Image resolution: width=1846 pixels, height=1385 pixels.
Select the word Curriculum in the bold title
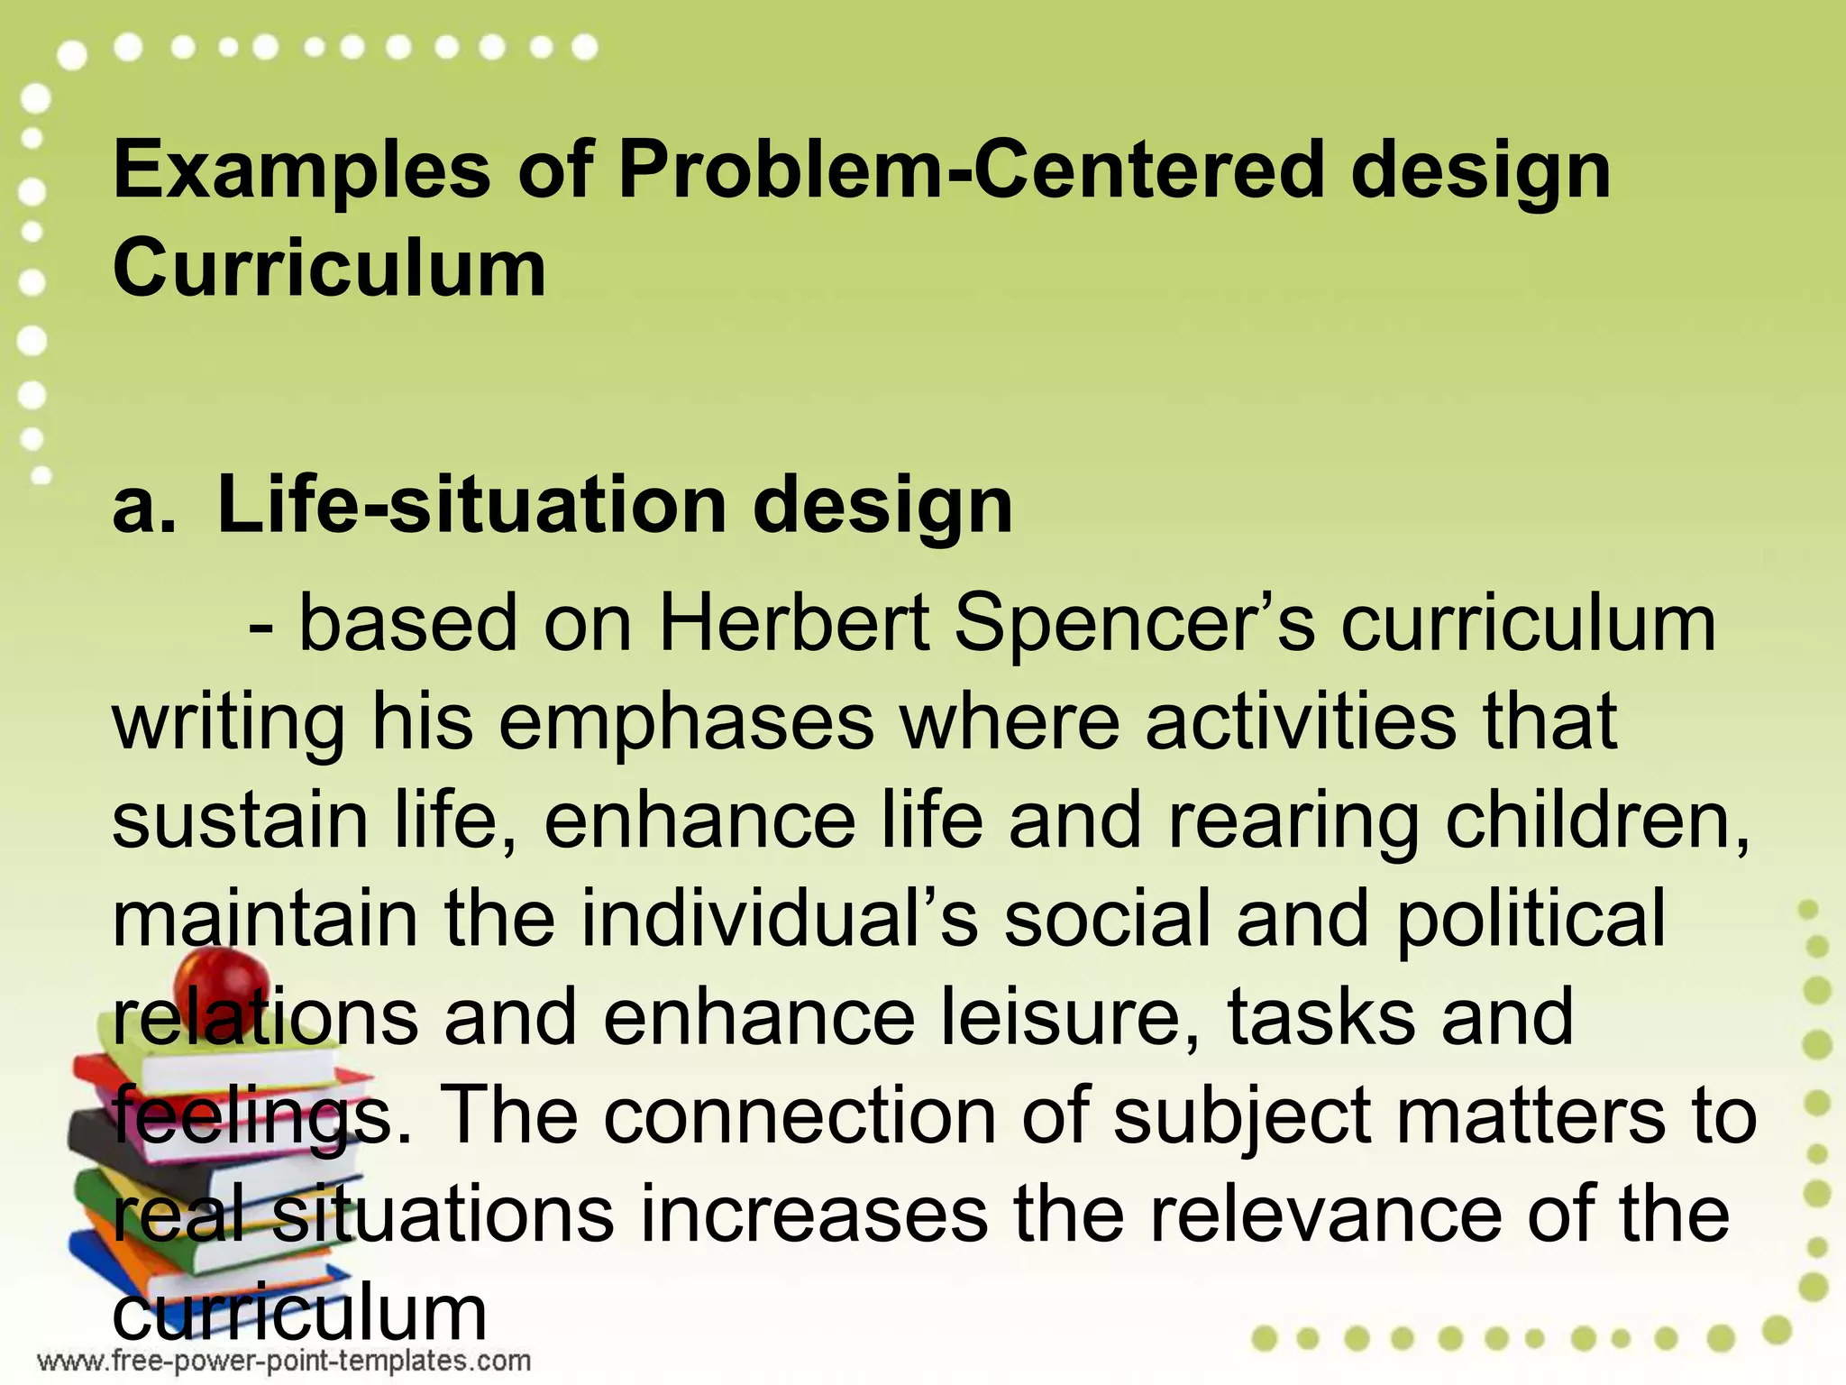(329, 269)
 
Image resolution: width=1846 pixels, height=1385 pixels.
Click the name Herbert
(794, 624)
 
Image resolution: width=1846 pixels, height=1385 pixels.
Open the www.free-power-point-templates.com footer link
(284, 1361)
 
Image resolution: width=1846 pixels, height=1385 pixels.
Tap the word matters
(1524, 1116)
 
